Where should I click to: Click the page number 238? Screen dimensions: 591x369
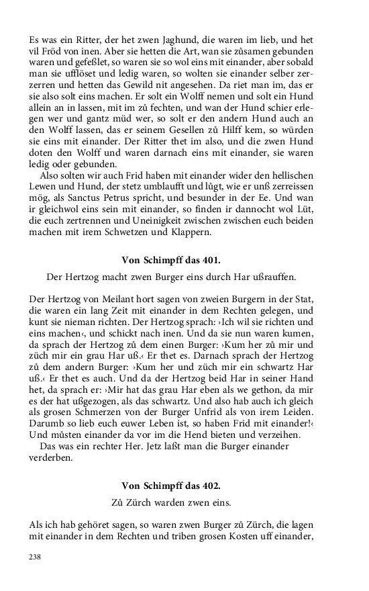tap(36, 557)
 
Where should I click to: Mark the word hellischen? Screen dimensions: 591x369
tap(289, 178)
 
